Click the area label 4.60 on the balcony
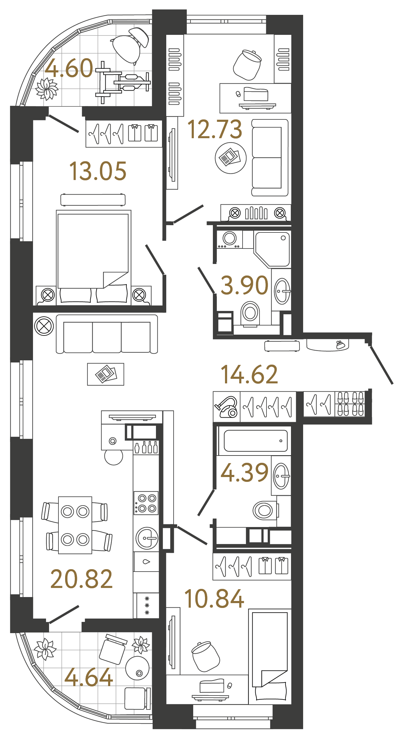click(x=69, y=68)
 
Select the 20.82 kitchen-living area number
click(x=81, y=579)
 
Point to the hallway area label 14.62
click(x=249, y=375)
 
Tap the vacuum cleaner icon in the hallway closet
click(x=226, y=407)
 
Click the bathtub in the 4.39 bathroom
click(x=255, y=441)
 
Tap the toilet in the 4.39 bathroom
click(x=264, y=511)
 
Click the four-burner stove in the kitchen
click(x=146, y=503)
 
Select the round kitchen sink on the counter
click(x=147, y=538)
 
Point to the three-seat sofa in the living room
click(x=107, y=334)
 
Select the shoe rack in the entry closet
click(x=350, y=404)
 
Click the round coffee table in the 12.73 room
click(x=230, y=158)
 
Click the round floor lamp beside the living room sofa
click(x=44, y=326)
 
